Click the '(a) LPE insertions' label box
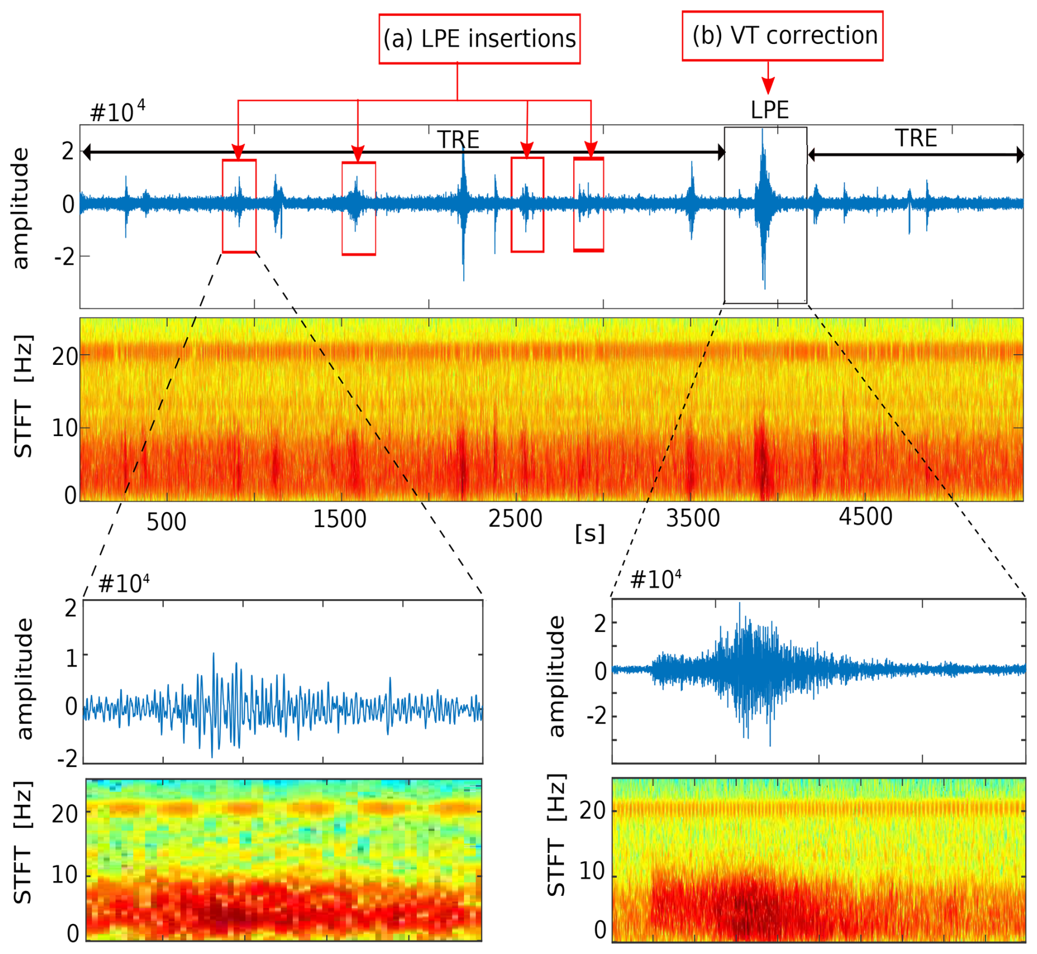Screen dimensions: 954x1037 479,39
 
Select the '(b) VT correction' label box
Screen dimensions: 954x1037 782,36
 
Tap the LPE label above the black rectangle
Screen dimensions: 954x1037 769,110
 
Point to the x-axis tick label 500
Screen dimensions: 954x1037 166,522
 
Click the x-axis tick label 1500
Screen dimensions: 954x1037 339,519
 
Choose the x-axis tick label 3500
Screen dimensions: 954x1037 693,518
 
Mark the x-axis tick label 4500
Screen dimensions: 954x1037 865,517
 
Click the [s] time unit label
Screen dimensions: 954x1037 590,534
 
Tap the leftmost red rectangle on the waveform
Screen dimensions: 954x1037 239,206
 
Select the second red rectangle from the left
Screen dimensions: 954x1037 358,208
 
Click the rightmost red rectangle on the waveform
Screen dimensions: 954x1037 589,204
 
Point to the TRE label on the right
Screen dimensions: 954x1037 916,138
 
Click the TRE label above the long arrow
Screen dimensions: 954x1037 458,140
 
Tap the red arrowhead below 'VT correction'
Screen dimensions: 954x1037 768,86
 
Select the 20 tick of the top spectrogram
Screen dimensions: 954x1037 65,357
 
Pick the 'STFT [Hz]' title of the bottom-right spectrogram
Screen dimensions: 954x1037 556,834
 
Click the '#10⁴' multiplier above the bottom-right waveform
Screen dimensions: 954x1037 656,579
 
